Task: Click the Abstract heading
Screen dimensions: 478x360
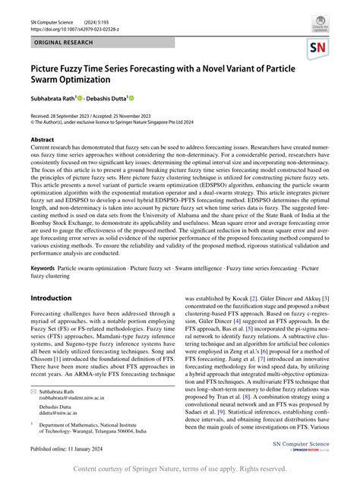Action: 43,141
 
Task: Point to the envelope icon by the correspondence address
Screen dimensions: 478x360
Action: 34,390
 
